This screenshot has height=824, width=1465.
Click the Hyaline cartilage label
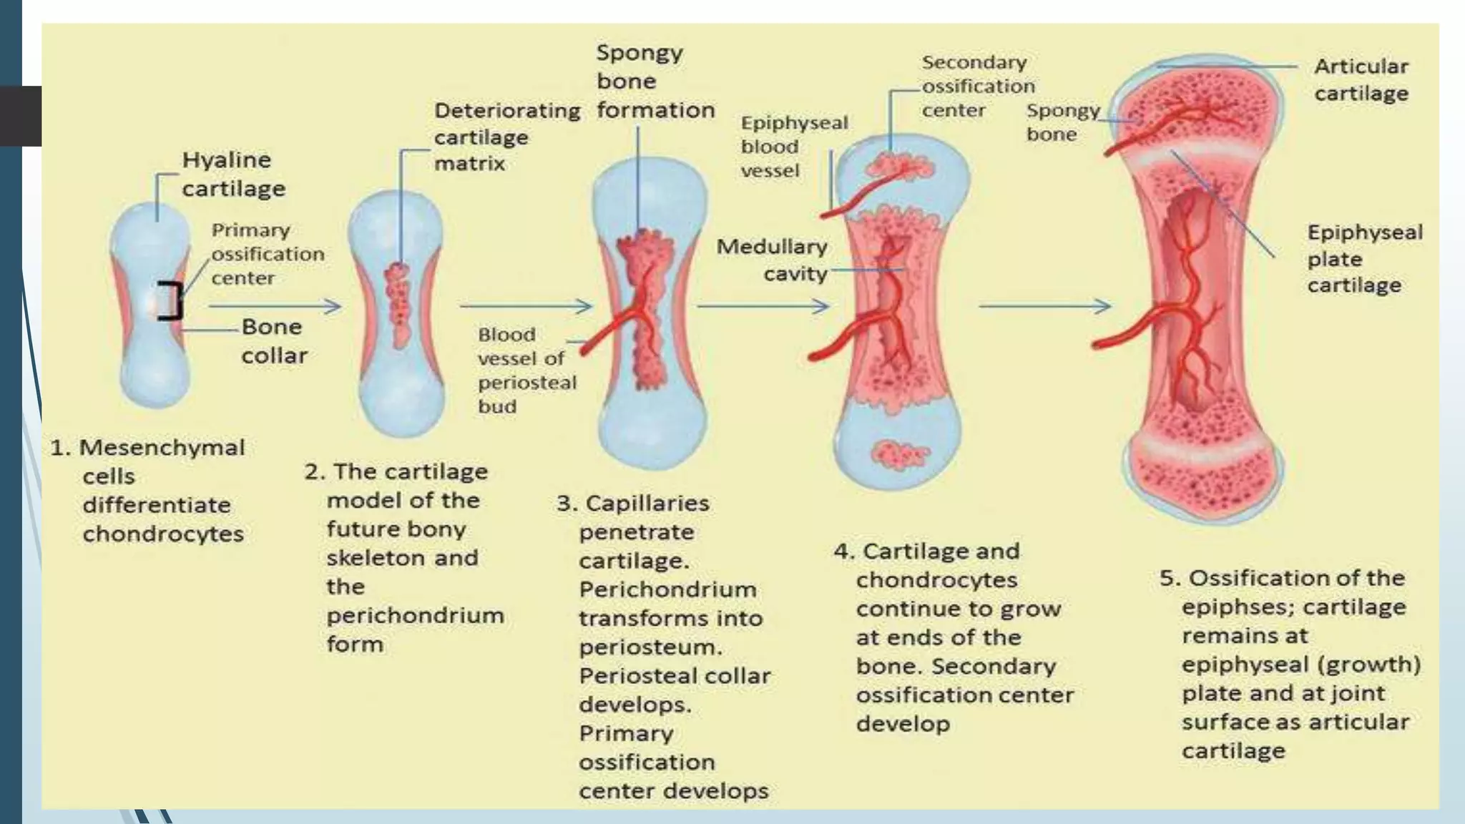point(232,174)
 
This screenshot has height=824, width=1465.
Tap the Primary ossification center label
point(266,254)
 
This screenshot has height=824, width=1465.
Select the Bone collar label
point(273,341)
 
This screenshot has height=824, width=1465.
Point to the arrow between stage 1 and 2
point(275,306)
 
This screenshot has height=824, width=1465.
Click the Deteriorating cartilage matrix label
point(506,137)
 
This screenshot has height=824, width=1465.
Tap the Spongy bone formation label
point(654,81)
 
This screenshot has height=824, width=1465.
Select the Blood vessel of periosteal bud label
point(526,370)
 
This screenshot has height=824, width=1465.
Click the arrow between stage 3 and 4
point(763,306)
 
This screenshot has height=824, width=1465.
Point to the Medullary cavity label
point(773,260)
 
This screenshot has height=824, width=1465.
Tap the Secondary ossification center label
point(976,86)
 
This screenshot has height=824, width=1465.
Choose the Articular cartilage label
point(1361,79)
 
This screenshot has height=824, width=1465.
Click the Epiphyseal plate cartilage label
point(1363,258)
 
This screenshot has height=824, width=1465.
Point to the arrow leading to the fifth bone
point(1044,306)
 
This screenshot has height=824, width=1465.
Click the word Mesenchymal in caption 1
point(162,448)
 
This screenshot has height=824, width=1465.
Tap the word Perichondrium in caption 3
point(667,589)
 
